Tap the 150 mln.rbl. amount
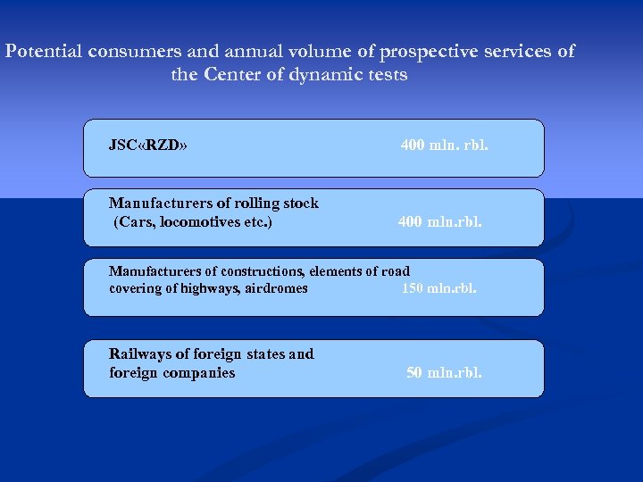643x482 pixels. click(x=438, y=288)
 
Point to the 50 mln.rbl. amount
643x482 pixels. click(x=444, y=372)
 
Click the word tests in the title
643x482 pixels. click(x=385, y=75)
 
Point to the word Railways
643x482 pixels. click(x=139, y=353)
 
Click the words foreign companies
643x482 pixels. click(x=171, y=372)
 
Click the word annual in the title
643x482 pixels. click(x=234, y=51)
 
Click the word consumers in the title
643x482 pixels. click(x=134, y=51)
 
